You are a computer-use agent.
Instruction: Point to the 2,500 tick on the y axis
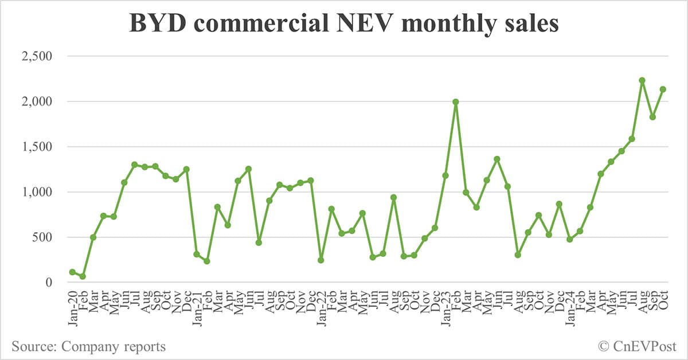(x=37, y=56)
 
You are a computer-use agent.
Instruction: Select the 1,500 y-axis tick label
(x=37, y=147)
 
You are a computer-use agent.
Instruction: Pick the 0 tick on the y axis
(x=49, y=283)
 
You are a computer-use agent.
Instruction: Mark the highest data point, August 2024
(x=642, y=80)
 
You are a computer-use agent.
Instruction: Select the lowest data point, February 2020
(x=83, y=276)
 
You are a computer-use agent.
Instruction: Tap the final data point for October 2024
(x=663, y=89)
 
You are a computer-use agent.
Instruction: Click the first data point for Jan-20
(x=72, y=272)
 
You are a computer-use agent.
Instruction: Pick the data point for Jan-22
(x=321, y=260)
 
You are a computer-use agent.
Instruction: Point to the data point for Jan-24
(x=569, y=239)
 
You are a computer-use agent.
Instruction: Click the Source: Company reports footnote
(x=88, y=346)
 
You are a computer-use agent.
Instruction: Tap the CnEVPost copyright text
(x=637, y=346)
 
